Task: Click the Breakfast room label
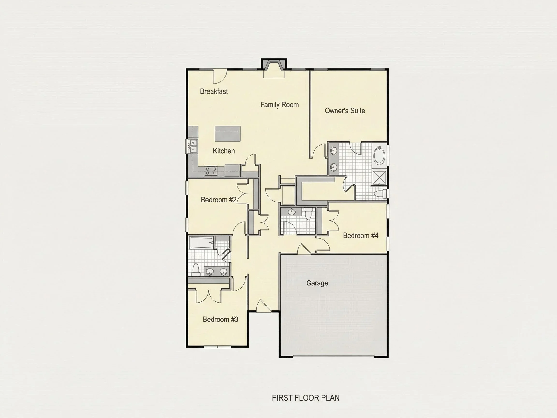click(x=214, y=91)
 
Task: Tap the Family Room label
click(x=279, y=104)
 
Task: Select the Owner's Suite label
click(x=345, y=110)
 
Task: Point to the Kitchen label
click(x=224, y=151)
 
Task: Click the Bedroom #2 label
click(x=219, y=200)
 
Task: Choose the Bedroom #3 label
click(x=220, y=319)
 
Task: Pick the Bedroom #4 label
click(x=361, y=235)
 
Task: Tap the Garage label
click(x=317, y=283)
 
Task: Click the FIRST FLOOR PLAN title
click(x=306, y=398)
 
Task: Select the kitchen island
click(x=227, y=134)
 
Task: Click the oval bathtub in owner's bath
click(x=379, y=156)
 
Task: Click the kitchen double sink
click(x=193, y=146)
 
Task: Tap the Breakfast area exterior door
click(x=220, y=76)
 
